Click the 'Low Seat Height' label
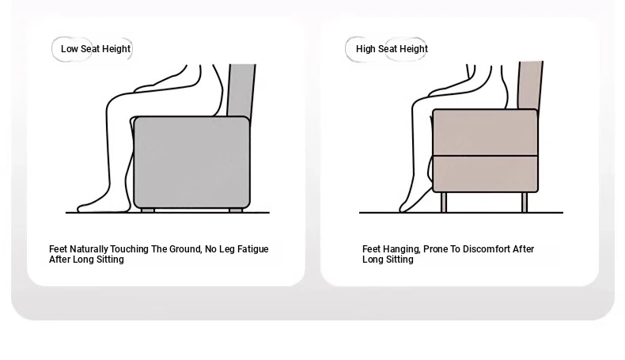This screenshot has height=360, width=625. pos(96,49)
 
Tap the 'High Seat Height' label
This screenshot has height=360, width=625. pos(392,49)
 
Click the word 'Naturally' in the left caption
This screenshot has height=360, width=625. pos(89,249)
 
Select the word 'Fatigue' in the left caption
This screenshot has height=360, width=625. pos(252,249)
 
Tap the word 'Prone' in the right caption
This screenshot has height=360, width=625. pos(435,248)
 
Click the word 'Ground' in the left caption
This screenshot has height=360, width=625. pos(186,249)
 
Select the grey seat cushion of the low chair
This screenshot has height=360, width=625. pos(191,162)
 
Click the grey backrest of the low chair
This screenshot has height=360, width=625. pos(241,91)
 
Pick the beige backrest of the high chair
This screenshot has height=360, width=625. pos(530,85)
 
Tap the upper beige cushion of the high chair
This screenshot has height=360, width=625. pos(485,132)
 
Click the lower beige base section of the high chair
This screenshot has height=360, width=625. pos(485,174)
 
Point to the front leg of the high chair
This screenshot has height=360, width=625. pos(444,202)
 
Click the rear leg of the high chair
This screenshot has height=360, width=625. pos(525,202)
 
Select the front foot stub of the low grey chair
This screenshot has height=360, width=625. pos(148,210)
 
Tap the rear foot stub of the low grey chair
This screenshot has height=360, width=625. pos(236,210)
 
